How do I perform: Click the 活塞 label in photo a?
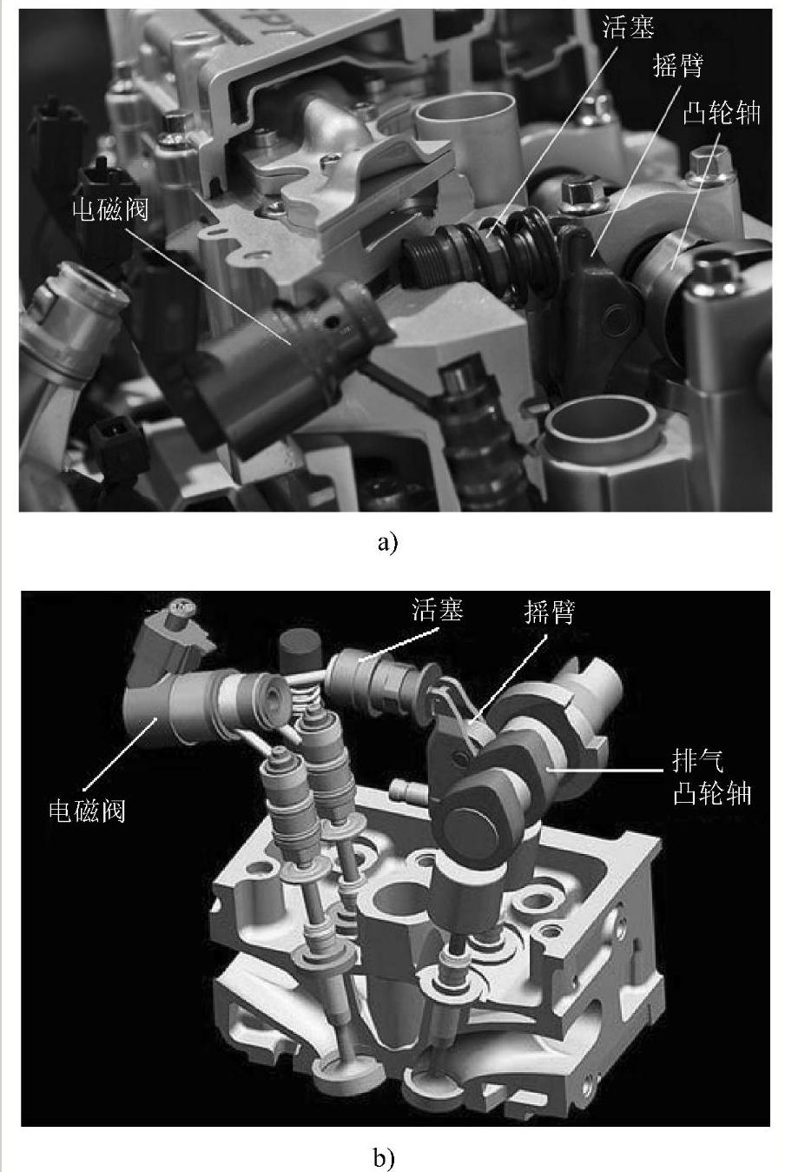pyautogui.click(x=627, y=28)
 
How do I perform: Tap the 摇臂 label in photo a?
pyautogui.click(x=677, y=66)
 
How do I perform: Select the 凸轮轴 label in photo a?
pyautogui.click(x=722, y=113)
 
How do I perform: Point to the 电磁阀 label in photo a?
pyautogui.click(x=110, y=210)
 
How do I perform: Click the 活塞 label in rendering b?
pyautogui.click(x=437, y=610)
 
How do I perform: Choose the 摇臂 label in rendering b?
pyautogui.click(x=549, y=612)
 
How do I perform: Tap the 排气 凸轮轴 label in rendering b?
pyautogui.click(x=712, y=776)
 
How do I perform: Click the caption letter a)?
pyautogui.click(x=387, y=543)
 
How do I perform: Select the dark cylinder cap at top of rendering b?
pyautogui.click(x=300, y=650)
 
